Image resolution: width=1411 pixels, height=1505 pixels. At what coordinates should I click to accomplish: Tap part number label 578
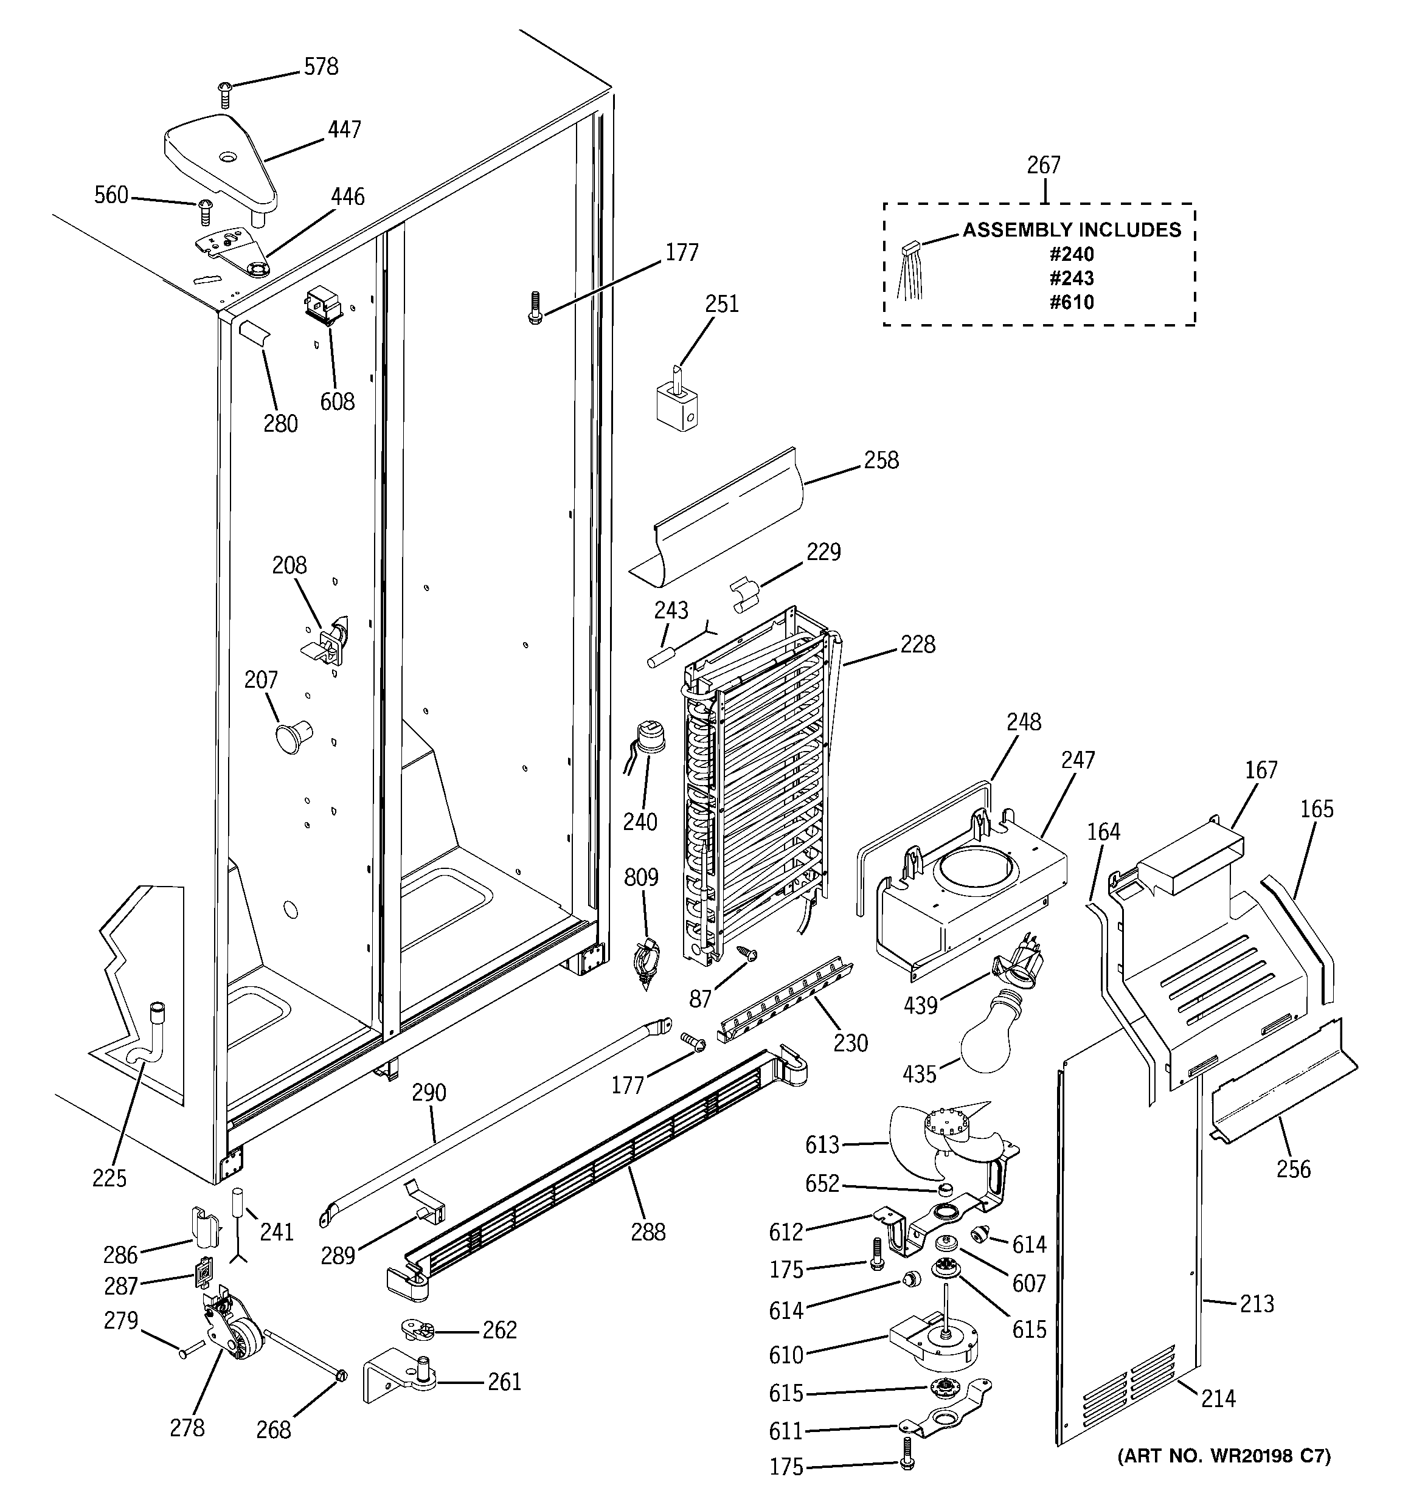pos(321,67)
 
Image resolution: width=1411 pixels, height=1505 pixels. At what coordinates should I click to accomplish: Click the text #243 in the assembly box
pos(1071,278)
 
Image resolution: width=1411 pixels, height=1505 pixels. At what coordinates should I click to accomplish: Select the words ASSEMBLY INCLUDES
pos(1071,229)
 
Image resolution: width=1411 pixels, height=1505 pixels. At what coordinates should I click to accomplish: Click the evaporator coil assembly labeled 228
pos(757,787)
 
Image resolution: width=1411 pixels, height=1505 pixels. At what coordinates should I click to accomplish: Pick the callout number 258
pos(881,460)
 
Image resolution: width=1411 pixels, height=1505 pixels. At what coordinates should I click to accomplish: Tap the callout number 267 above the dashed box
pos(1043,164)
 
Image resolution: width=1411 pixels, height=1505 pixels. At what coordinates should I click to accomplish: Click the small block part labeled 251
pos(677,409)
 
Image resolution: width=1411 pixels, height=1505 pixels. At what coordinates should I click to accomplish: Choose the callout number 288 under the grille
pos(648,1232)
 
